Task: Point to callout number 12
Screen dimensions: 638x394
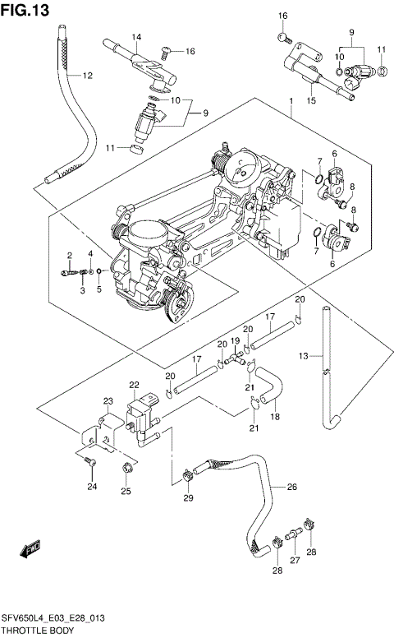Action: coord(86,76)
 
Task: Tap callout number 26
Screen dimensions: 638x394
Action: coord(291,487)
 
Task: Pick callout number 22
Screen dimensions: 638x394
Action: coord(134,384)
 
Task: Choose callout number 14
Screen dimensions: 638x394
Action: coord(136,36)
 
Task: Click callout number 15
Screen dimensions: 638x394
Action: coord(310,101)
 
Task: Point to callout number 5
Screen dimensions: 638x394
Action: coord(98,289)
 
